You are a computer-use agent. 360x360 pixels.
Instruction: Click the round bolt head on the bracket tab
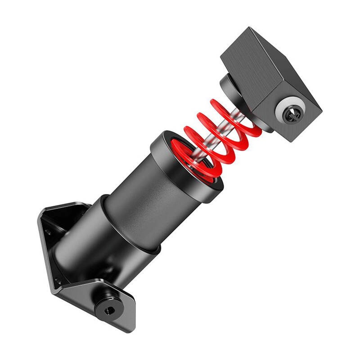[x=108, y=308]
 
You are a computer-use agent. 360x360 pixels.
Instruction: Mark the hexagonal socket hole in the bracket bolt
[x=109, y=310]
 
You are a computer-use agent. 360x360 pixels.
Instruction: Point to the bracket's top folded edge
[x=67, y=207]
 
